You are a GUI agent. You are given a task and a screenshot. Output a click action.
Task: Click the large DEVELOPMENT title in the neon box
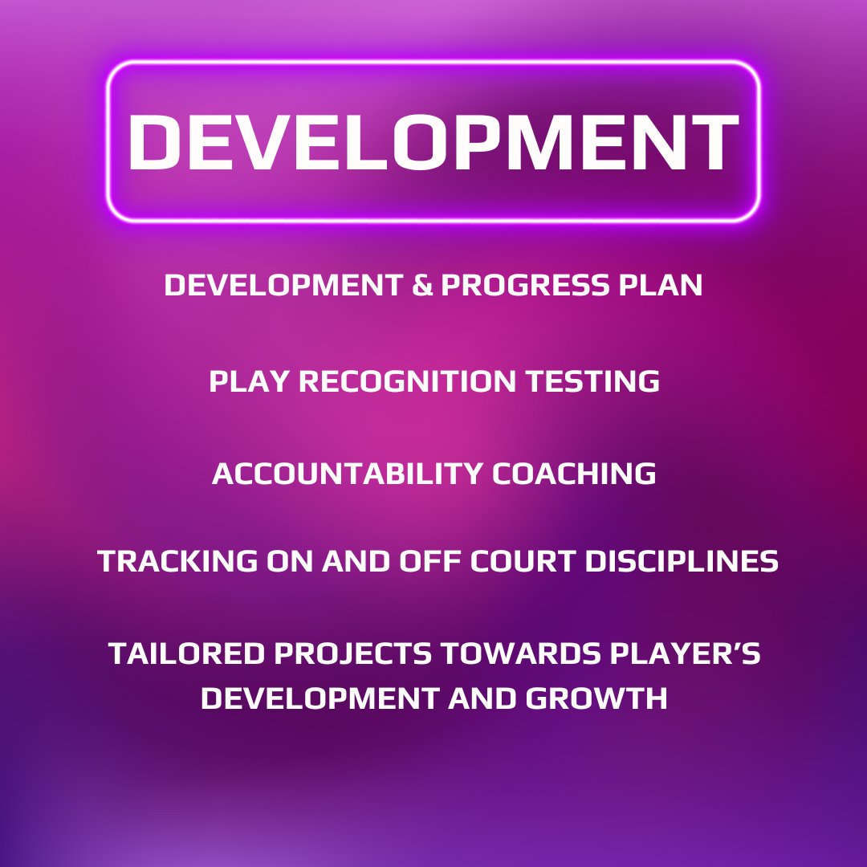click(x=433, y=141)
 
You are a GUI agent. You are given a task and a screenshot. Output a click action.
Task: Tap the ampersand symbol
click(x=422, y=286)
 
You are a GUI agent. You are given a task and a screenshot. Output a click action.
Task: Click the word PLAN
click(x=666, y=286)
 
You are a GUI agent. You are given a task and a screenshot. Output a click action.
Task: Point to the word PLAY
click(x=243, y=381)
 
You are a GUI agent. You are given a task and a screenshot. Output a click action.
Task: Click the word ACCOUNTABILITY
click(x=348, y=474)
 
